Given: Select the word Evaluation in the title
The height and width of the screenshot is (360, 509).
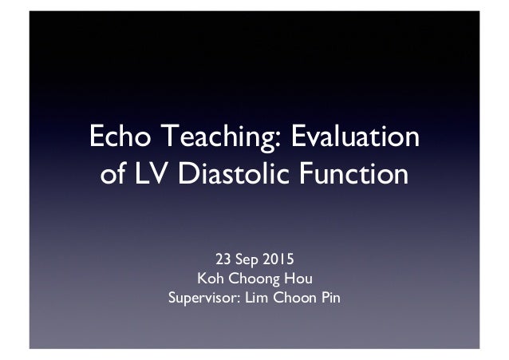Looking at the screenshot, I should [351, 136].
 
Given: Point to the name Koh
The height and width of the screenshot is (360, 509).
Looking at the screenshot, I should [197, 279].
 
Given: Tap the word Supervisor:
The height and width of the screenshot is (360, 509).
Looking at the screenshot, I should [203, 300].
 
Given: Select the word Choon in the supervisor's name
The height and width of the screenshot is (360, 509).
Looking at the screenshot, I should [294, 299].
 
